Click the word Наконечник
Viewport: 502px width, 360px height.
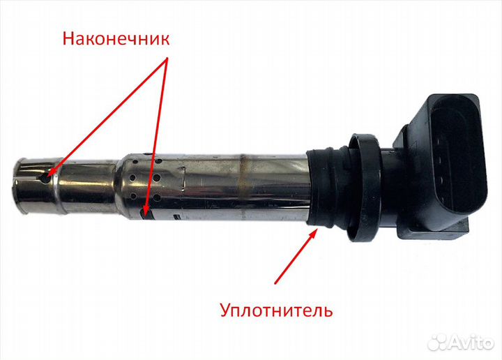116,38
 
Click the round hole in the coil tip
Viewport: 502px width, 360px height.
45,179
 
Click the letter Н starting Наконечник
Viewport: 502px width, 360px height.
68,38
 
